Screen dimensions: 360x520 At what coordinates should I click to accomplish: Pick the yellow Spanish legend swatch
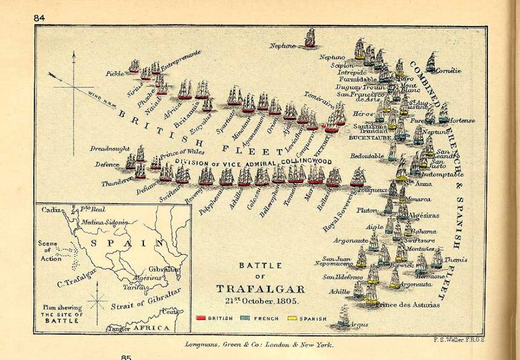(291, 319)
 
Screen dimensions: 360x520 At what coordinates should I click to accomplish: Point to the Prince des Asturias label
(408, 305)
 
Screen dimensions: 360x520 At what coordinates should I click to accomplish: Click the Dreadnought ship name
(110, 149)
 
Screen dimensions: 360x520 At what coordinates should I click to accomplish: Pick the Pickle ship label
(115, 73)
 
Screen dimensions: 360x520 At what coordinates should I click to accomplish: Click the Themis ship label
(456, 259)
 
